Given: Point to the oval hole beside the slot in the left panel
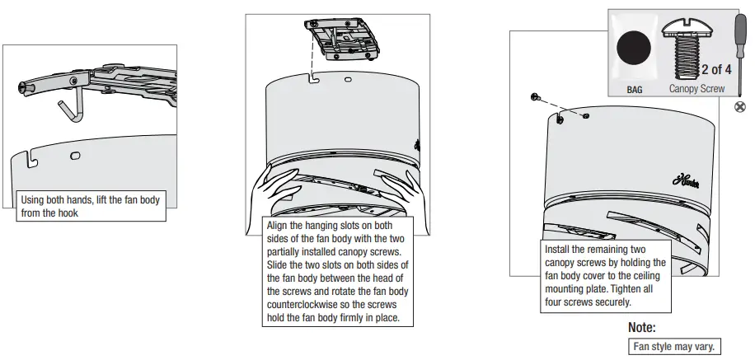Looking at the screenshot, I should click(x=75, y=154).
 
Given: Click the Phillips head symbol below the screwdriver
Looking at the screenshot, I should click(x=739, y=107).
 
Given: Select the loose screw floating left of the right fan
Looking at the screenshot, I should click(x=536, y=97).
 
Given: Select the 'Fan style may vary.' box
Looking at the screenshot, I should click(x=674, y=346).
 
